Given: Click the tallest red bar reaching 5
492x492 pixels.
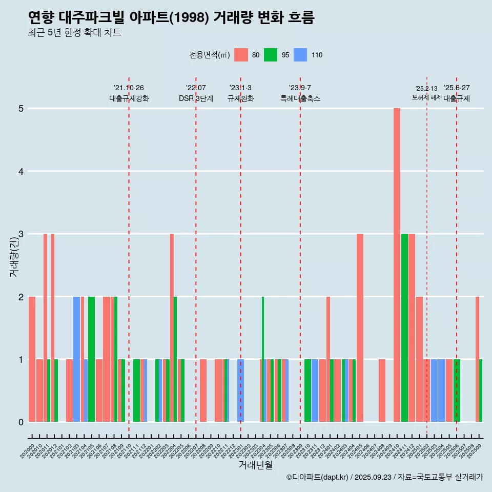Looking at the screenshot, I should (x=397, y=265).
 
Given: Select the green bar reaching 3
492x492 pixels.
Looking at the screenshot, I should (x=404, y=327).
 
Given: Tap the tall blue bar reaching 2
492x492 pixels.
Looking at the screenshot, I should (x=76, y=359).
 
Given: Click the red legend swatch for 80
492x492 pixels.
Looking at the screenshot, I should (x=241, y=55).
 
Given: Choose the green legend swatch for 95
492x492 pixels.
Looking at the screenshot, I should (x=271, y=55).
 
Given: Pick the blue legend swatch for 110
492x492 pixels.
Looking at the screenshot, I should (x=300, y=55).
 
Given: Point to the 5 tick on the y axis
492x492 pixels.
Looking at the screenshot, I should (x=22, y=109).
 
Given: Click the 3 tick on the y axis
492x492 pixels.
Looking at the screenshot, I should (x=22, y=234).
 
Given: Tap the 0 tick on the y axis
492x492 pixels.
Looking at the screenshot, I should (x=22, y=422).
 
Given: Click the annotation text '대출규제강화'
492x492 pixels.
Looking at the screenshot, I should (x=129, y=98).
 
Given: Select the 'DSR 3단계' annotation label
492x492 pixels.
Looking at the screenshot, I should (x=196, y=98).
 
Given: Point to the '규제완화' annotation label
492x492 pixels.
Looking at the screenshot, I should (x=240, y=98).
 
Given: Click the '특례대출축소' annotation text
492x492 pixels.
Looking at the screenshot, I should (x=300, y=98).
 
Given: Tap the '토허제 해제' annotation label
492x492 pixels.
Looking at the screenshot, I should (x=427, y=97).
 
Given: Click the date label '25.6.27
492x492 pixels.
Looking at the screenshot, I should (x=457, y=88).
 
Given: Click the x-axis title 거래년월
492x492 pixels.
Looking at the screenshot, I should (x=255, y=465).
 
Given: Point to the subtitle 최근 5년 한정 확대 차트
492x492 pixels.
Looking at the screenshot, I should (x=74, y=33).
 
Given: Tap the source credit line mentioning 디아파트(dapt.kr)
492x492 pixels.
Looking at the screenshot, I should (x=384, y=477).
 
